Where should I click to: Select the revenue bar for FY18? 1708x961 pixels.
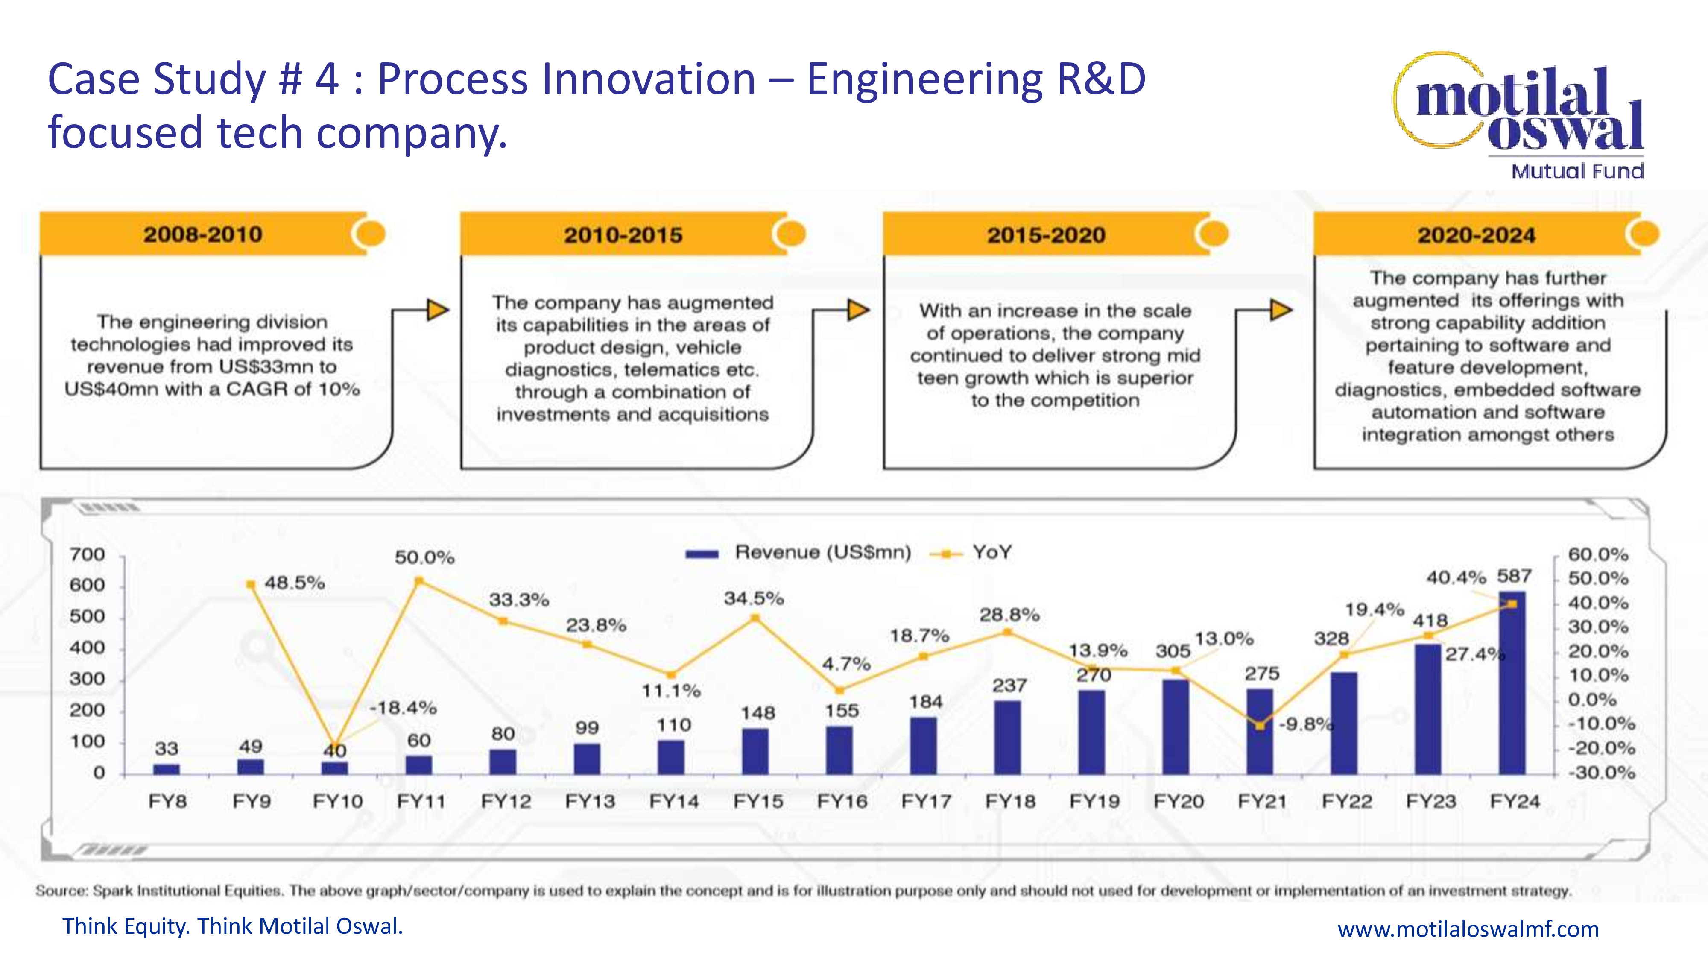coord(1007,738)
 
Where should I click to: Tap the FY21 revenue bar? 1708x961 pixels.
coord(1260,732)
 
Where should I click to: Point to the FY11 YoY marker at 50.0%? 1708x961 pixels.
coord(418,581)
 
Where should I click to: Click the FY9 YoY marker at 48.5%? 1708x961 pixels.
coord(251,584)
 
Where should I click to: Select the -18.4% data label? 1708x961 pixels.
coord(403,708)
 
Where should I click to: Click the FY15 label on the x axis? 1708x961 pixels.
coord(758,801)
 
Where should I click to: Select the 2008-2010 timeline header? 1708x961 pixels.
coord(203,234)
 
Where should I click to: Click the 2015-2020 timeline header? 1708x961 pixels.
coord(1046,235)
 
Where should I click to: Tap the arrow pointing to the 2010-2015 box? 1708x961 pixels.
coord(437,310)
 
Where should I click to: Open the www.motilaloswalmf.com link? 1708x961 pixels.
coord(1468,929)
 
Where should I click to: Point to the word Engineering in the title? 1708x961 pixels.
coord(925,79)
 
